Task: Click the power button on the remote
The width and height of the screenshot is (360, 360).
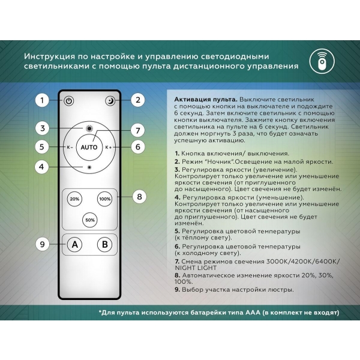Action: pos(70,101)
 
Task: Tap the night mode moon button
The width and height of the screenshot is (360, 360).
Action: pos(110,101)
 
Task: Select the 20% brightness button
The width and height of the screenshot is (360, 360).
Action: pos(74,199)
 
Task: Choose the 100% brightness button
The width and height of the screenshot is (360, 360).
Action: pos(105,199)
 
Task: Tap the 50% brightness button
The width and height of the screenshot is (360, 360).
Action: pos(90,220)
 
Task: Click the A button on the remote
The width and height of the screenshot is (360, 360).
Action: pos(74,245)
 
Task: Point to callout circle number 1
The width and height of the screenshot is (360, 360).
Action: pos(41,100)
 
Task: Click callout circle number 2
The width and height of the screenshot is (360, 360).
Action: pos(138,100)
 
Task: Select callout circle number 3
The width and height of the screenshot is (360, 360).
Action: pos(41,128)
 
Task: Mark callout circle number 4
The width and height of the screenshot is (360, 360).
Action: pos(41,167)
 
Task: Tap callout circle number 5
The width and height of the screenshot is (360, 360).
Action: pos(41,146)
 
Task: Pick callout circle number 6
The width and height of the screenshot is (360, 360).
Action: pos(138,146)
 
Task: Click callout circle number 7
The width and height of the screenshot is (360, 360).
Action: pos(138,130)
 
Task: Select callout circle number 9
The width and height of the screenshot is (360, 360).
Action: pos(41,244)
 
